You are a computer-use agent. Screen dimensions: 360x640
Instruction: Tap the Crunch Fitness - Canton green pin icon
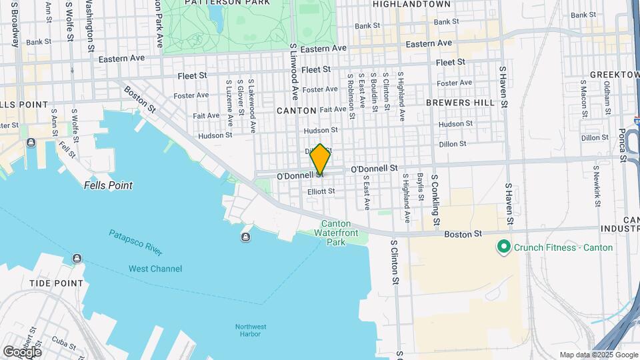pos(505,248)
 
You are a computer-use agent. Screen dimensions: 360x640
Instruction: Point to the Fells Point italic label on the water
pos(108,185)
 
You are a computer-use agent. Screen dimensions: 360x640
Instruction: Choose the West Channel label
pos(155,269)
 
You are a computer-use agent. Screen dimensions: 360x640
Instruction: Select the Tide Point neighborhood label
pos(57,283)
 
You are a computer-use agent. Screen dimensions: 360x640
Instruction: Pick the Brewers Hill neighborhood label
pos(460,103)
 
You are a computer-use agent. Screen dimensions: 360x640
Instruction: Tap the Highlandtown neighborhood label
pos(408,4)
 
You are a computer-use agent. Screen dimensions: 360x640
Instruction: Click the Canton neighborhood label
pos(295,110)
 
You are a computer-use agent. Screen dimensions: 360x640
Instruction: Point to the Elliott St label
pos(321,191)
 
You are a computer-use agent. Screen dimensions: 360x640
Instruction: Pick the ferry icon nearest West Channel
pos(77,259)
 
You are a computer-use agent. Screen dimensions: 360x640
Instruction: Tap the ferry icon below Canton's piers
pos(246,237)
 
